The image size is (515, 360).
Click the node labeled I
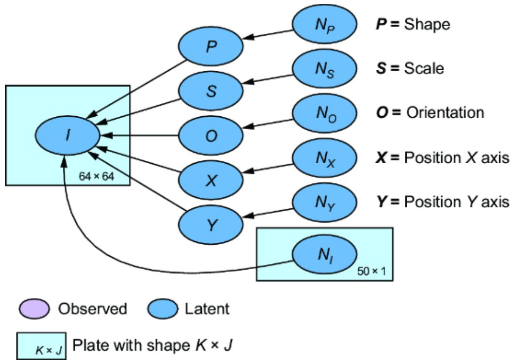point(67,135)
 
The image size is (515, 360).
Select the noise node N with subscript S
point(324,69)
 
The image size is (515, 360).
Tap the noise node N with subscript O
point(324,113)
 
